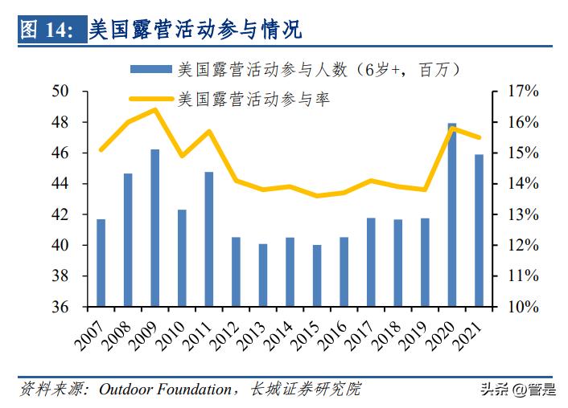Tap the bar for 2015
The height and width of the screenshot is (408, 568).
pos(316,275)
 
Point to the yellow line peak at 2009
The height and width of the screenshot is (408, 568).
pos(154,109)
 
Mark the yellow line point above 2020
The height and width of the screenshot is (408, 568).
pos(451,129)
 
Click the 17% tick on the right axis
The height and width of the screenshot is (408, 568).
pos(521,92)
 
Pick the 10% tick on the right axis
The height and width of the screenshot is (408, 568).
pos(521,307)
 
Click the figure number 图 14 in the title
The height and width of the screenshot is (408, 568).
pos(46,31)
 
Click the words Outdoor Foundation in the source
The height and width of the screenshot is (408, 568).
pos(165,390)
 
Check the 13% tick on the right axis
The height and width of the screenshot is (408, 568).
pos(521,214)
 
